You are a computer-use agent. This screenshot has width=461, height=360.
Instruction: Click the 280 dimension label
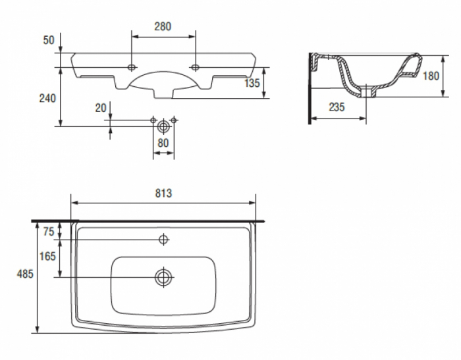point(163,26)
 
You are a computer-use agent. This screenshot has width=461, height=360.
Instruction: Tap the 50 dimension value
point(49,40)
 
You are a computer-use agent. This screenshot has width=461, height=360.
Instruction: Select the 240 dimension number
point(47,98)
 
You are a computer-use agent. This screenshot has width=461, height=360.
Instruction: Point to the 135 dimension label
point(252,83)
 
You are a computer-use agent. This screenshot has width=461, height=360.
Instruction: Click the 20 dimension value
point(101,108)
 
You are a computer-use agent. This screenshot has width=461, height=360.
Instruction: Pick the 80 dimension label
point(163,143)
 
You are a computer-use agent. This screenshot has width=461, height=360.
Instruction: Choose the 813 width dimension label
point(163,193)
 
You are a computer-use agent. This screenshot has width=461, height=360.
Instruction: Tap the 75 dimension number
point(49,232)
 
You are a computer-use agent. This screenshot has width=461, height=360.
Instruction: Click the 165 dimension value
point(47,256)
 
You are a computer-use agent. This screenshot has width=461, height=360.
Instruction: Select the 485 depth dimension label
point(25,274)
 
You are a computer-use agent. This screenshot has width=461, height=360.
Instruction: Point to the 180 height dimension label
point(431,76)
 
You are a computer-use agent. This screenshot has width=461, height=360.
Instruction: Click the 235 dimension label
point(337,107)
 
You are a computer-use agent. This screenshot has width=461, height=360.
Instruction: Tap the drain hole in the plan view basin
point(163,277)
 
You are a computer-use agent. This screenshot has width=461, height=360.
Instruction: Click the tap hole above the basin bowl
point(163,240)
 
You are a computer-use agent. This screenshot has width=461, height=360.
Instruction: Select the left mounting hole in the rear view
point(132,67)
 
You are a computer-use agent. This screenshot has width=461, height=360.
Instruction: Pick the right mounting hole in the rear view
point(195,67)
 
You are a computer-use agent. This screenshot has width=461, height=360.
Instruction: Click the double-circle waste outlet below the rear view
point(163,126)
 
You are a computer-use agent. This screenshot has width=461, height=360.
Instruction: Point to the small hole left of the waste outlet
point(153,120)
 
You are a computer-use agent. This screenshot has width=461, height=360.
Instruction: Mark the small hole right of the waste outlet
point(174,120)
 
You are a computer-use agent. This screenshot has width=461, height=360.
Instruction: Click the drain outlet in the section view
point(366,91)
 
